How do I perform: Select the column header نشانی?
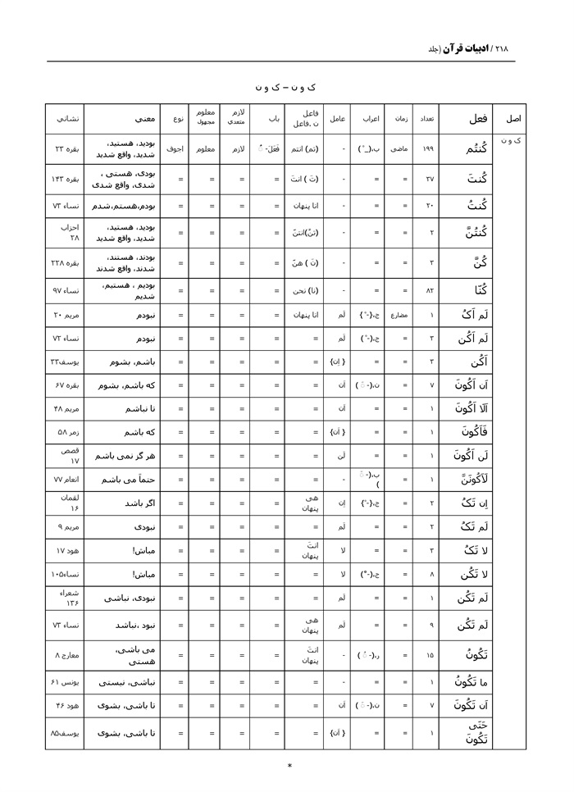tap(65, 119)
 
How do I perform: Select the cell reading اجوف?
tap(175, 150)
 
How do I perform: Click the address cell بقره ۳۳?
tap(65, 150)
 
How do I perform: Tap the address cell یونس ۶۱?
tap(65, 681)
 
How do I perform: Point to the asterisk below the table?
tap(289, 767)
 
